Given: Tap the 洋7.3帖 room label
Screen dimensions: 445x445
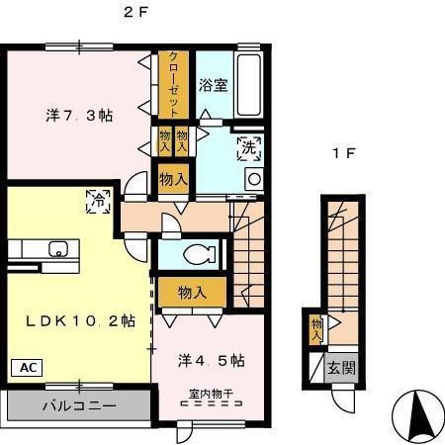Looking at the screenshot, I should (78, 116).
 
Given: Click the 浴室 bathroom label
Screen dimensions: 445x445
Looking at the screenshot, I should (213, 85).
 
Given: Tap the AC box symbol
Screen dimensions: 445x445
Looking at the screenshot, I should (25, 367).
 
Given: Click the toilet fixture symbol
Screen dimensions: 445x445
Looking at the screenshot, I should (195, 254).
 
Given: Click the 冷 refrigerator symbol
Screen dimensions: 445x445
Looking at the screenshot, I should (98, 200).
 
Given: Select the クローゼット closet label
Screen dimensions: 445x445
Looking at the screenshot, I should (173, 83).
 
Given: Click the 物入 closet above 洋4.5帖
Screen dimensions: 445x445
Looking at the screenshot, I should (192, 292).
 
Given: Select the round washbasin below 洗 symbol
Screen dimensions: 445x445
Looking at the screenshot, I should (252, 179).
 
